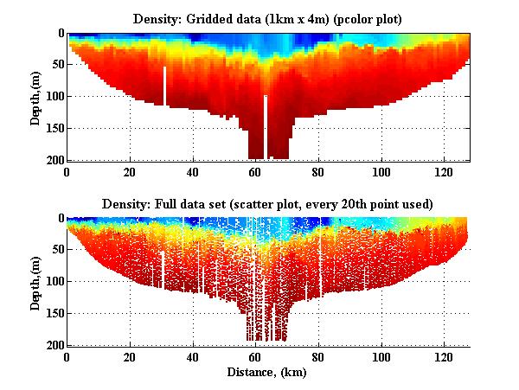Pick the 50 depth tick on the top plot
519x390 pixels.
click(x=56, y=65)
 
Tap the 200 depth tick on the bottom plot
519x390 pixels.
click(x=54, y=345)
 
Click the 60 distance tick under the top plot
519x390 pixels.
click(x=255, y=171)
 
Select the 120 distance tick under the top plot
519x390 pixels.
click(x=444, y=171)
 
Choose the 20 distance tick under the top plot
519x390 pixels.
click(x=130, y=171)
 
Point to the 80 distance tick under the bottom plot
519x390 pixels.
click(x=318, y=356)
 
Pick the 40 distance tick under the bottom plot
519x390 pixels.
click(x=193, y=356)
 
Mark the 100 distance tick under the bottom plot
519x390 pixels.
click(x=381, y=356)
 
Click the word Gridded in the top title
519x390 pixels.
click(x=215, y=18)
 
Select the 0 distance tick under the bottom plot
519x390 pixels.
click(x=67, y=356)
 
